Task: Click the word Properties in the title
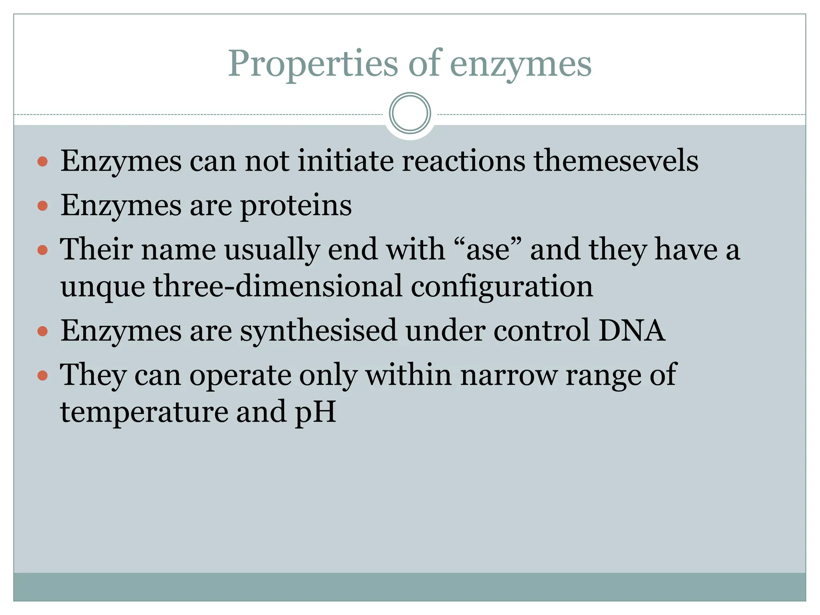click(x=313, y=64)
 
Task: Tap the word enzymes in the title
click(x=521, y=64)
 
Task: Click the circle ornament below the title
click(x=410, y=113)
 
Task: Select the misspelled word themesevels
click(x=616, y=161)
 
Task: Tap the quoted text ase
click(x=488, y=249)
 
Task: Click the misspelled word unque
click(x=102, y=287)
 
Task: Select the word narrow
click(x=508, y=375)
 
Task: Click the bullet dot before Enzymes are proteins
click(x=42, y=206)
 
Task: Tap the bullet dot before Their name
click(x=42, y=250)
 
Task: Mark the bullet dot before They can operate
click(x=42, y=376)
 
